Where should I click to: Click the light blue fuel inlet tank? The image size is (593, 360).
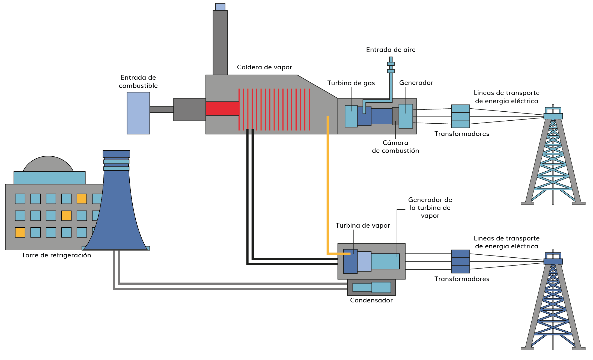pyautogui.click(x=138, y=113)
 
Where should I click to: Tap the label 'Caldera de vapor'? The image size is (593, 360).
pyautogui.click(x=264, y=67)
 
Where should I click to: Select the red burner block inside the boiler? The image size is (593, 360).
pyautogui.click(x=222, y=108)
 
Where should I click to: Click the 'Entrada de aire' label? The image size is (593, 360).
pyautogui.click(x=391, y=50)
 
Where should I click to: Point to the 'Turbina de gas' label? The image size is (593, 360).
pyautogui.click(x=351, y=83)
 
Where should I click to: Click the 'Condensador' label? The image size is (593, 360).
pyautogui.click(x=371, y=300)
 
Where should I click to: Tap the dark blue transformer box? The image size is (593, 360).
pyautogui.click(x=460, y=261)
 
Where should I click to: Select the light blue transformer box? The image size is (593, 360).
pyautogui.click(x=460, y=116)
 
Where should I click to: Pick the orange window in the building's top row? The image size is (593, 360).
pyautogui.click(x=82, y=199)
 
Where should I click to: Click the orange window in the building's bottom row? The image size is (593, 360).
pyautogui.click(x=20, y=233)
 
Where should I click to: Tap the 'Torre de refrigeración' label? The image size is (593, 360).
pyautogui.click(x=56, y=255)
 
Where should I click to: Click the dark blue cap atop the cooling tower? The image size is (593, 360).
pyautogui.click(x=116, y=154)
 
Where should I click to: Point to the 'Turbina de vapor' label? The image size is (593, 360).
pyautogui.click(x=363, y=225)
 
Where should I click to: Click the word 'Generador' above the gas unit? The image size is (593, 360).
pyautogui.click(x=416, y=83)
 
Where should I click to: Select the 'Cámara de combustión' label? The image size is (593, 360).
pyautogui.click(x=395, y=147)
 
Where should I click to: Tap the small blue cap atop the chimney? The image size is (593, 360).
pyautogui.click(x=220, y=7)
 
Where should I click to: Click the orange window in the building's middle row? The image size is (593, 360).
pyautogui.click(x=66, y=216)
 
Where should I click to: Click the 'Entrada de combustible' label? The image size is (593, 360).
pyautogui.click(x=138, y=82)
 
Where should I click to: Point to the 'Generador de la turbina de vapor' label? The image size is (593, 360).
pyautogui.click(x=430, y=208)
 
